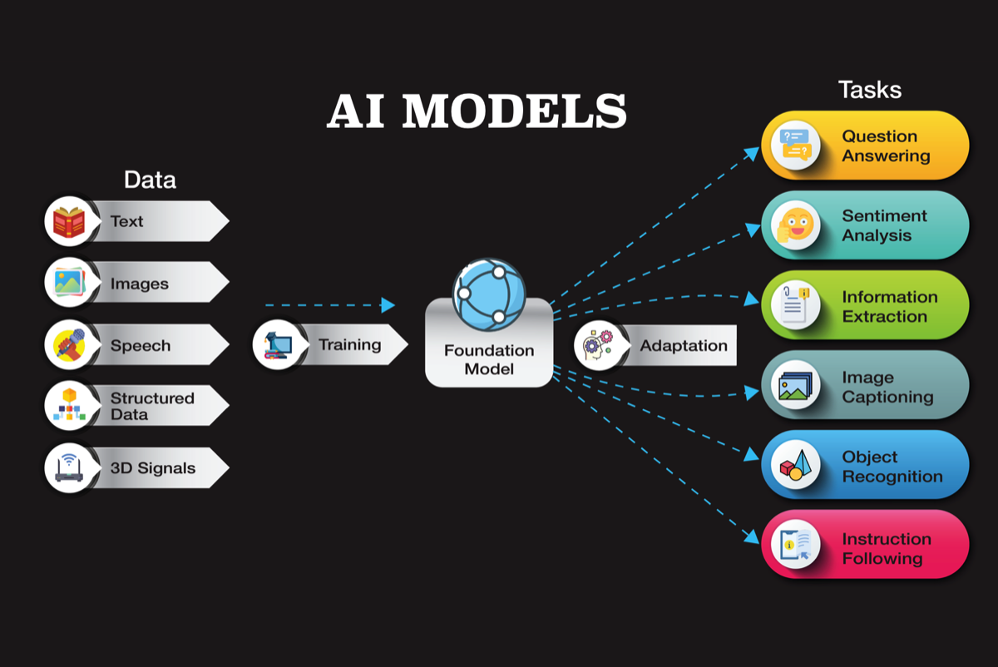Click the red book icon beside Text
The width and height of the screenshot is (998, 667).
(68, 222)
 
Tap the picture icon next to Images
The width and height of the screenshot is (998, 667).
(68, 284)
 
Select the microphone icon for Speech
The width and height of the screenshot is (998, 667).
(68, 345)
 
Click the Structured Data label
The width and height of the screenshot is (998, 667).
(152, 407)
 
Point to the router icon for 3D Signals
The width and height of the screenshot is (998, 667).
(68, 468)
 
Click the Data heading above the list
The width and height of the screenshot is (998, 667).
(150, 180)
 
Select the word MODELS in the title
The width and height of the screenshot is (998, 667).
(513, 111)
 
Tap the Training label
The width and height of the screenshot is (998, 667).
(349, 344)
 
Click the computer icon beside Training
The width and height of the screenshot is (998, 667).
(275, 344)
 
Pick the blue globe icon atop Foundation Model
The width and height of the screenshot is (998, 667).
(488, 293)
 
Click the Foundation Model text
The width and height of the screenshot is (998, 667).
(488, 359)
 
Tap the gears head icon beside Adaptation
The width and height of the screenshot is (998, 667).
(596, 345)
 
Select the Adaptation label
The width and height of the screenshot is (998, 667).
(684, 345)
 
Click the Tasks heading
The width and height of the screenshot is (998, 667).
(869, 90)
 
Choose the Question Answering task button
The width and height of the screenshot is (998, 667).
(865, 146)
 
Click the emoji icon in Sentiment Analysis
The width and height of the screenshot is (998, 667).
(795, 225)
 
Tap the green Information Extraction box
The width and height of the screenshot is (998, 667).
(865, 305)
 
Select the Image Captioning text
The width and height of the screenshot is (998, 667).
(887, 387)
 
